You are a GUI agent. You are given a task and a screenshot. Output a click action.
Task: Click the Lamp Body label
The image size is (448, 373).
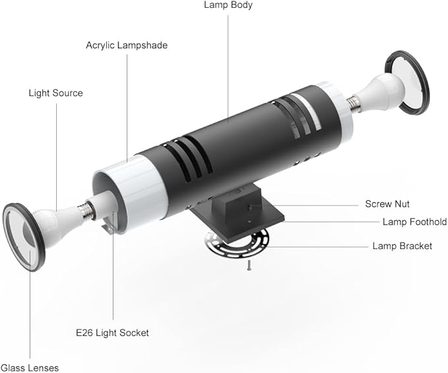click(228, 5)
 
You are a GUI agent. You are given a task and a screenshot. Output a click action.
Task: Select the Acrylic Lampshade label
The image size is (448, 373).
click(127, 45)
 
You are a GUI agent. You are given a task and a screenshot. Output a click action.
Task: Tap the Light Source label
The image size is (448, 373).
click(55, 93)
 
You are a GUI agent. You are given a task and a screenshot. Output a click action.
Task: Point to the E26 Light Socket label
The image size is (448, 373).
click(112, 333)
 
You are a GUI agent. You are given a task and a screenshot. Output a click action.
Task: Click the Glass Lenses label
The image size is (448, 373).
click(30, 368)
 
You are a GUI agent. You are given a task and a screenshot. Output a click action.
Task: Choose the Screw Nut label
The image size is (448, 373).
click(387, 204)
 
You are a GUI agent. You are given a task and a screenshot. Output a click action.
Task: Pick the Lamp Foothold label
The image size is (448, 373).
click(414, 221)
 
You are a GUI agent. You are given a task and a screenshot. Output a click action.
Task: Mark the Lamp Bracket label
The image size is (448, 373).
click(402, 246)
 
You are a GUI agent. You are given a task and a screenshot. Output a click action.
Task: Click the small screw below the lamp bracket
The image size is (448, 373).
click(249, 266)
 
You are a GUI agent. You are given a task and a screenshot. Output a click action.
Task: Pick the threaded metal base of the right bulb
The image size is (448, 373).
click(354, 103)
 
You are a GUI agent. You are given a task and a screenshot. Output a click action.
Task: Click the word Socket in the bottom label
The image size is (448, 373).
click(134, 333)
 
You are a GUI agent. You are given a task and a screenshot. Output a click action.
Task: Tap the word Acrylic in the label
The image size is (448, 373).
click(100, 45)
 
